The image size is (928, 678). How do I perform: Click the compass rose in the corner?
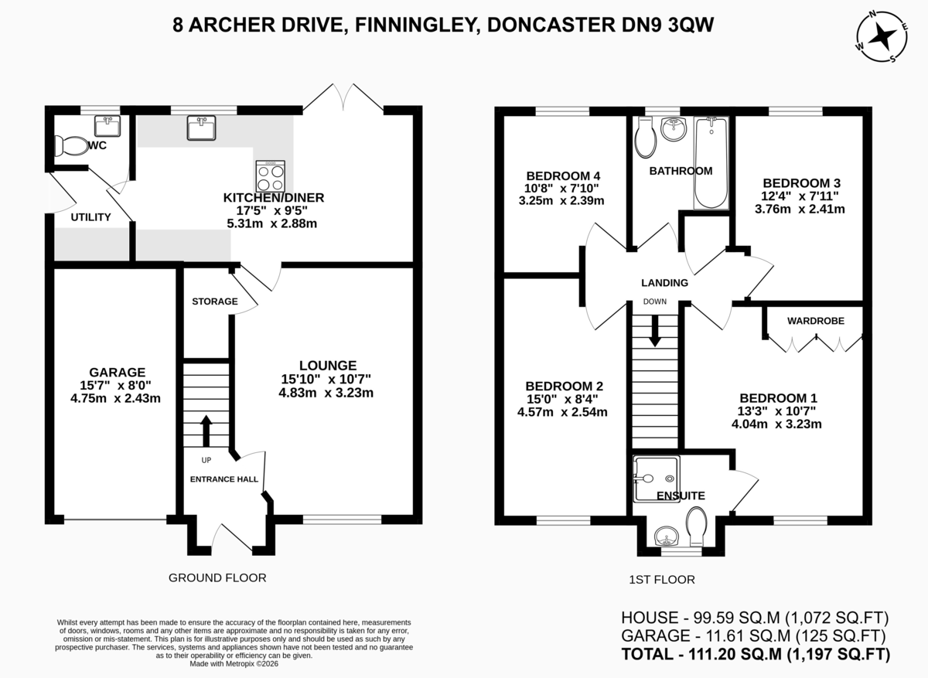point(882,37)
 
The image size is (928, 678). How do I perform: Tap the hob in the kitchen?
point(271,176)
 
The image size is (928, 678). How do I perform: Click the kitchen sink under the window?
point(201,128)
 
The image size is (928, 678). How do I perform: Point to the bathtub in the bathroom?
point(711,163)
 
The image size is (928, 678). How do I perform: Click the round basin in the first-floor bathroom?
point(674,129)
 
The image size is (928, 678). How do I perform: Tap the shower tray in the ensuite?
point(657,479)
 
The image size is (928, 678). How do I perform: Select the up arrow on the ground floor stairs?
point(206,431)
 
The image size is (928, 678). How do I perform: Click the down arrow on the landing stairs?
point(655,331)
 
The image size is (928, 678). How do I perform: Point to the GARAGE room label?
point(118,372)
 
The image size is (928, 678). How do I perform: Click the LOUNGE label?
point(328,366)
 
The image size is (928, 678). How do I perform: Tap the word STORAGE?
point(215,302)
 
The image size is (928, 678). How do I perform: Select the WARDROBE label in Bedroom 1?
point(816,321)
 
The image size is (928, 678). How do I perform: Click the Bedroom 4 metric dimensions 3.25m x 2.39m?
point(561,201)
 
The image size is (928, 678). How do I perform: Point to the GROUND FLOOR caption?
point(217,577)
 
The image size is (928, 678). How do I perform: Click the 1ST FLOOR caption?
point(662,579)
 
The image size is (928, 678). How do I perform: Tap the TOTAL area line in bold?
point(756,654)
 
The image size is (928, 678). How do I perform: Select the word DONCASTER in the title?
point(551,25)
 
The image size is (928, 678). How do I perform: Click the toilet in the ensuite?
point(697,526)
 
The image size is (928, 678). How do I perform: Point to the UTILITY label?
point(90,217)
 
